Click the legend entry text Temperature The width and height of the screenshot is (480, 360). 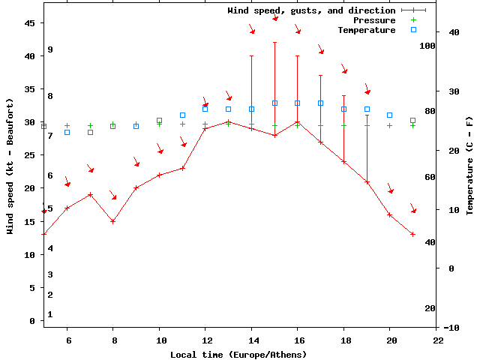(x=366, y=30)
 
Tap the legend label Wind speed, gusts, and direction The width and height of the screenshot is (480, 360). (x=311, y=10)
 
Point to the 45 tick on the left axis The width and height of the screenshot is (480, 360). (x=30, y=23)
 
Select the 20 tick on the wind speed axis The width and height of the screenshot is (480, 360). (x=30, y=188)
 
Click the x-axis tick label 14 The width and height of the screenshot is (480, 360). (x=251, y=340)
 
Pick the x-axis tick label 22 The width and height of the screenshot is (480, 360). (x=436, y=340)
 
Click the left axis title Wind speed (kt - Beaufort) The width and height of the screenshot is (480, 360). (x=10, y=166)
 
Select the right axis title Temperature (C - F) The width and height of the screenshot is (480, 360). (x=469, y=166)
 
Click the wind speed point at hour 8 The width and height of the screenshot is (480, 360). (x=113, y=221)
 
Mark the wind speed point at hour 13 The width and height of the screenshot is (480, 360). (x=229, y=121)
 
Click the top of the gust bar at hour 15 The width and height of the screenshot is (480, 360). (x=275, y=43)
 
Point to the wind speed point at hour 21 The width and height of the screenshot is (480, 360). (x=413, y=234)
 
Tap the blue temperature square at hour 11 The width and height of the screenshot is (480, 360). (x=182, y=115)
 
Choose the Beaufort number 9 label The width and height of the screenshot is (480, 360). (x=50, y=49)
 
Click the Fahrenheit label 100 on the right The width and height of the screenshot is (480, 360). (x=427, y=45)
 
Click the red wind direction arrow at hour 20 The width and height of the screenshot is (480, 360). (x=390, y=188)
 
